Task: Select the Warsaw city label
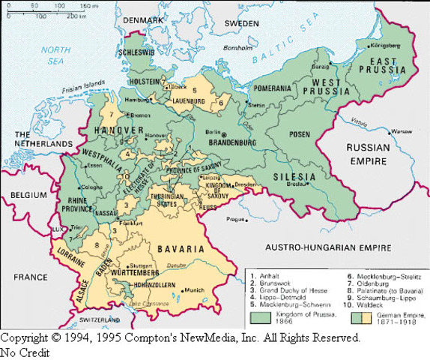(402, 130)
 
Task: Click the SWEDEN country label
(241, 23)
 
